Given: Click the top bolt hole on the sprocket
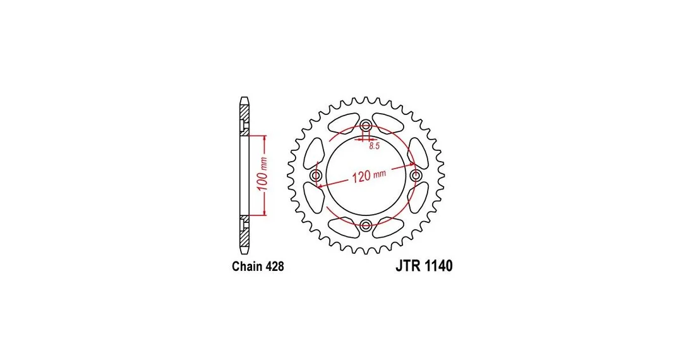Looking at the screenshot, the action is tap(366, 126).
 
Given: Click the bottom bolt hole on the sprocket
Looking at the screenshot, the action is tap(366, 225).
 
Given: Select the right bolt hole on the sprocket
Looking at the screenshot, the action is tap(416, 176).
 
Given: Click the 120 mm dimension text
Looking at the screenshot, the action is tap(370, 176).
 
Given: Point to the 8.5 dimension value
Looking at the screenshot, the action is tap(374, 146).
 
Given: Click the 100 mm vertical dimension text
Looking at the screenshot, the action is tap(262, 174).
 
